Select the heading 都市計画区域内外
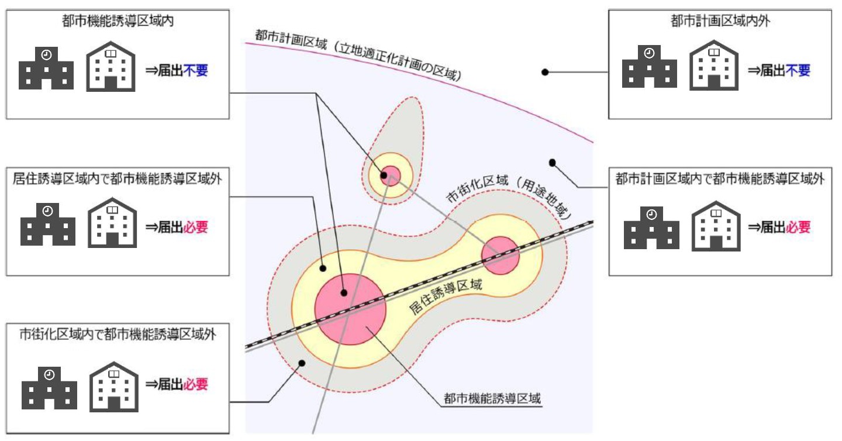click(x=720, y=22)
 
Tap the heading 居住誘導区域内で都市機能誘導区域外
click(x=117, y=179)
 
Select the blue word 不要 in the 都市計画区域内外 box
click(x=799, y=71)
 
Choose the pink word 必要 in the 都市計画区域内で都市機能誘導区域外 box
click(x=799, y=228)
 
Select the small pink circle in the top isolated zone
click(x=390, y=175)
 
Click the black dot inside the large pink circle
click(x=344, y=293)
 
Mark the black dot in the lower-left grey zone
click(x=302, y=363)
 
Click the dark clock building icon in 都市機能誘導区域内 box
click(x=46, y=68)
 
